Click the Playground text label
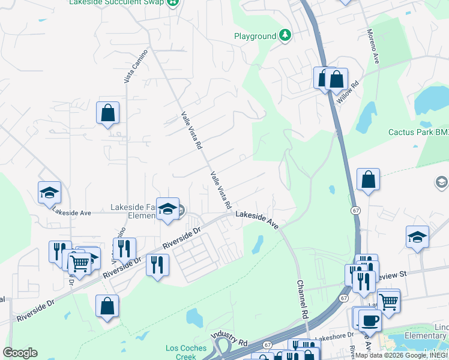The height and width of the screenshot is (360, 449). click(x=255, y=36)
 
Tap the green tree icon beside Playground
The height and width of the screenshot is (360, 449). click(x=285, y=36)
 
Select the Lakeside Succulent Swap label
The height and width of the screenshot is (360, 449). click(x=117, y=2)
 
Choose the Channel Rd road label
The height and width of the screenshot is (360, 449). click(x=302, y=299)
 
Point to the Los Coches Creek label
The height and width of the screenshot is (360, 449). click(x=186, y=352)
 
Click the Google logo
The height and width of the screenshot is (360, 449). click(x=20, y=353)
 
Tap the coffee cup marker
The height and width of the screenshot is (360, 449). click(x=370, y=320)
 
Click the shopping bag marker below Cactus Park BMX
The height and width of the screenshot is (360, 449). click(x=368, y=179)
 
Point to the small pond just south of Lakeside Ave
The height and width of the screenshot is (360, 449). click(x=258, y=244)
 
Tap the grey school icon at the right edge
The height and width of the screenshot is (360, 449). click(x=441, y=181)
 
